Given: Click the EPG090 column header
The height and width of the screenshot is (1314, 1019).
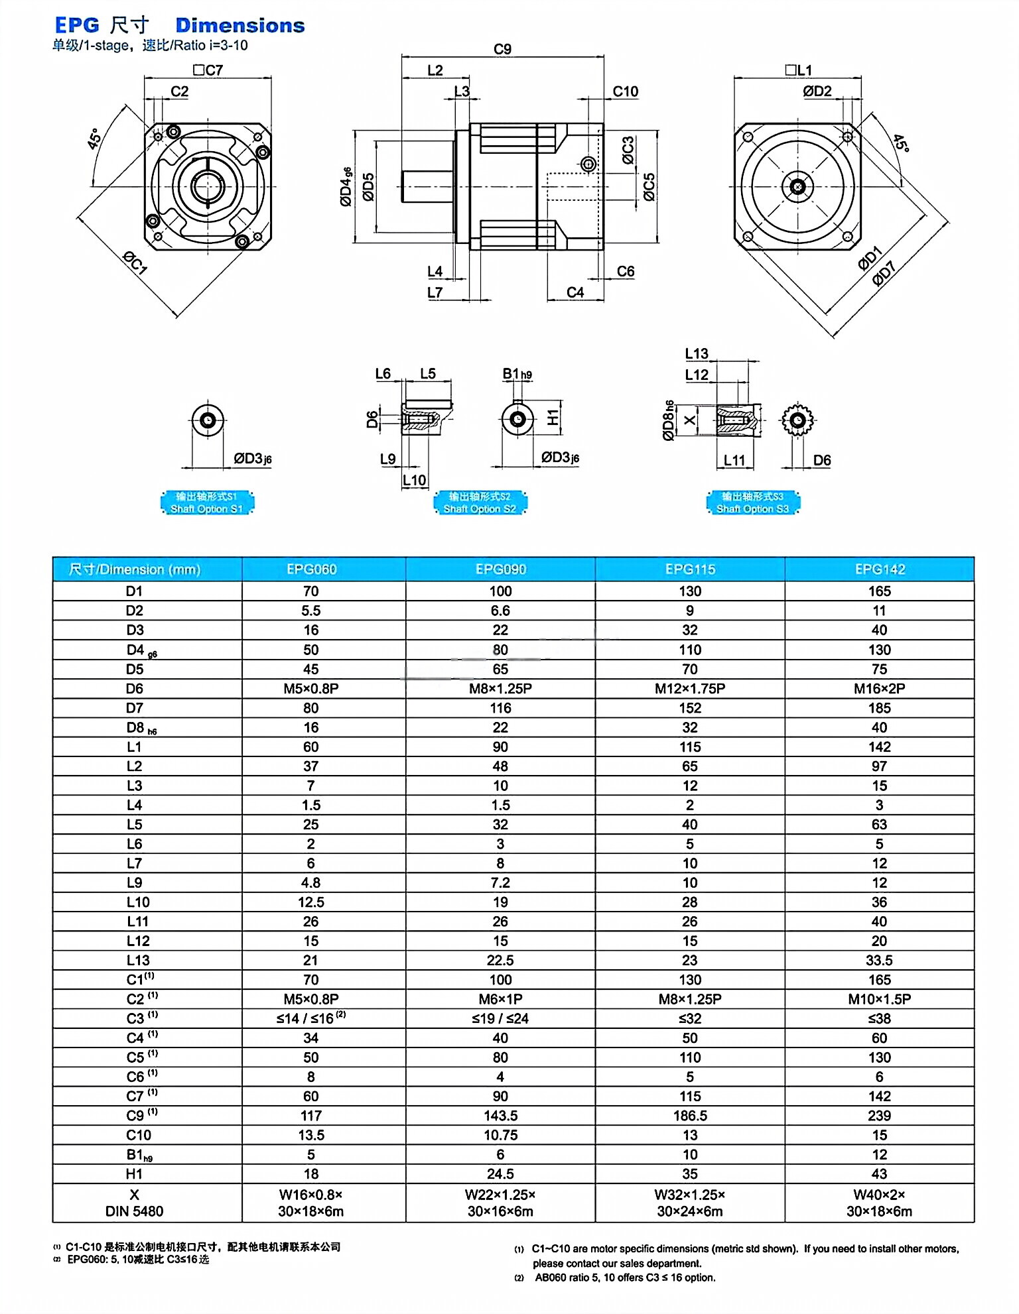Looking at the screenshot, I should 500,569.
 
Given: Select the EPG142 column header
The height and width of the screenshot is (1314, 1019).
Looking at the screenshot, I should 879,569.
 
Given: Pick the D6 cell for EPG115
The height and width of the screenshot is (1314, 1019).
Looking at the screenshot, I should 690,688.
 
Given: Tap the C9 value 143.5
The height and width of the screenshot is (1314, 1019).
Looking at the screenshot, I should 500,1116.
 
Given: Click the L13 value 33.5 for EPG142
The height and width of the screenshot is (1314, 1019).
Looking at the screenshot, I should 879,960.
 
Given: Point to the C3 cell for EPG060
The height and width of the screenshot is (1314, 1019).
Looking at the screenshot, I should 310,1018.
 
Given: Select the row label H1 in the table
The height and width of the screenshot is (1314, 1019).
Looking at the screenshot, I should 134,1174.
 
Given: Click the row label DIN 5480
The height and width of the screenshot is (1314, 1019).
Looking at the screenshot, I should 134,1211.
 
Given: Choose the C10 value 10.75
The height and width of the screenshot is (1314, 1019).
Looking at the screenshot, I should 500,1135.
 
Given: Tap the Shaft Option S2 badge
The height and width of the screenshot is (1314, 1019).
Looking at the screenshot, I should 480,503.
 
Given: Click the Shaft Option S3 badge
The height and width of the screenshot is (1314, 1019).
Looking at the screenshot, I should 752,503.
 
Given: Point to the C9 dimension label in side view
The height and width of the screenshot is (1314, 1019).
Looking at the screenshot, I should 502,49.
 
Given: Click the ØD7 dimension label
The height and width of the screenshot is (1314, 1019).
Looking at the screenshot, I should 884,274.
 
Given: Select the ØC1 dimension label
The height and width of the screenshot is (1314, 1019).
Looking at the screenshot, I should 135,263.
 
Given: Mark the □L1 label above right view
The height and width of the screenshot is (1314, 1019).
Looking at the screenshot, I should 798,70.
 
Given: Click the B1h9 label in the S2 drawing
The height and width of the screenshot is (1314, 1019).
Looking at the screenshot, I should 517,374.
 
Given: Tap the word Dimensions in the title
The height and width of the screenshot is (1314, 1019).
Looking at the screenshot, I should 239,25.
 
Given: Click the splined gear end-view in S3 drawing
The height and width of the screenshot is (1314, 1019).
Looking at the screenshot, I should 797,420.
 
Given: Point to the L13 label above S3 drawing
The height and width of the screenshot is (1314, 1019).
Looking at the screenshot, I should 697,353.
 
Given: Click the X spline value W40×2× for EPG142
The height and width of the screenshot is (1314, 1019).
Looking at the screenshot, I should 879,1195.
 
